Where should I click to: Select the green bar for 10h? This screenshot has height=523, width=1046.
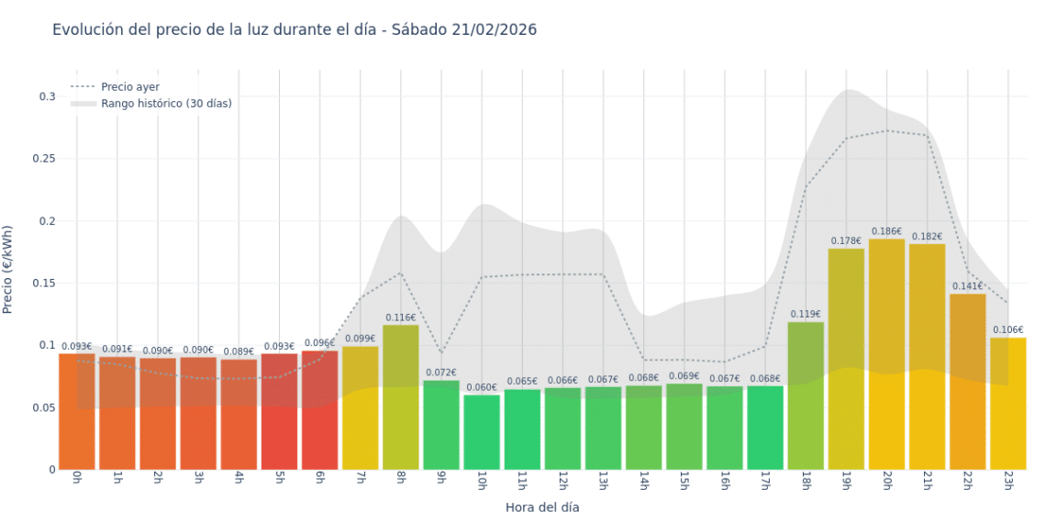482,432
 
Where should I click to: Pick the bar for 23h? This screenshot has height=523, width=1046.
1007,404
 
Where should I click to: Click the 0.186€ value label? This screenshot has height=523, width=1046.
886,232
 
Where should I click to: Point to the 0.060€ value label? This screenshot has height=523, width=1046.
482,388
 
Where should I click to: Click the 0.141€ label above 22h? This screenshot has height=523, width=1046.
967,286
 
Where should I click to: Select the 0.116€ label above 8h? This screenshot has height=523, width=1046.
401,317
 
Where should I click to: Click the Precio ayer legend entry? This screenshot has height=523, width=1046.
130,87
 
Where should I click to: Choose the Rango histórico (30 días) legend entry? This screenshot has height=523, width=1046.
166,104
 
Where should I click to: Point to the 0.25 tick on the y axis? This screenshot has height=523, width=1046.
46,159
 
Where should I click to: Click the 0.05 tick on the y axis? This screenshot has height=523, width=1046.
46,407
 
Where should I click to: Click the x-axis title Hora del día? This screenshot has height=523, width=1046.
542,506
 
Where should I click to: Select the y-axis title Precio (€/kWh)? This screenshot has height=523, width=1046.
8,270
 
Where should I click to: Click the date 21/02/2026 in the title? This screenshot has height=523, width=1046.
494,29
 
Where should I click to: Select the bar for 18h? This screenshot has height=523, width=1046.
806,395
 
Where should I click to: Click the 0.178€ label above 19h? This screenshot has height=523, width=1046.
846,241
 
